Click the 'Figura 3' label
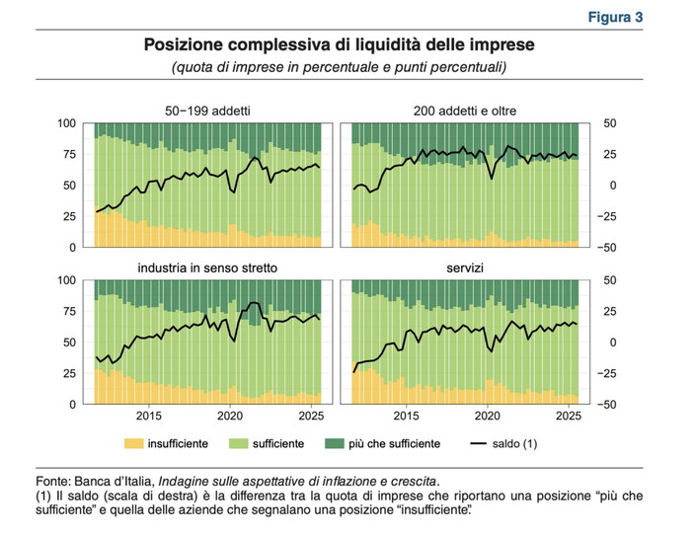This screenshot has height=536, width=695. (615, 18)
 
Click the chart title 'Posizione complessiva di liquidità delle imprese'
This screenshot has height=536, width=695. (341, 45)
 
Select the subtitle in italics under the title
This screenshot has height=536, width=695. (341, 67)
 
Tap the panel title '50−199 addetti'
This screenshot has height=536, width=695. (208, 110)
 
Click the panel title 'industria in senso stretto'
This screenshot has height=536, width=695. (208, 268)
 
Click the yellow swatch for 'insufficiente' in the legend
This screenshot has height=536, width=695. (134, 444)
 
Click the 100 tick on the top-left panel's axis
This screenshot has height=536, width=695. (67, 123)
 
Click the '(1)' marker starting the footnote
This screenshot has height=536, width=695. (41, 497)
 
